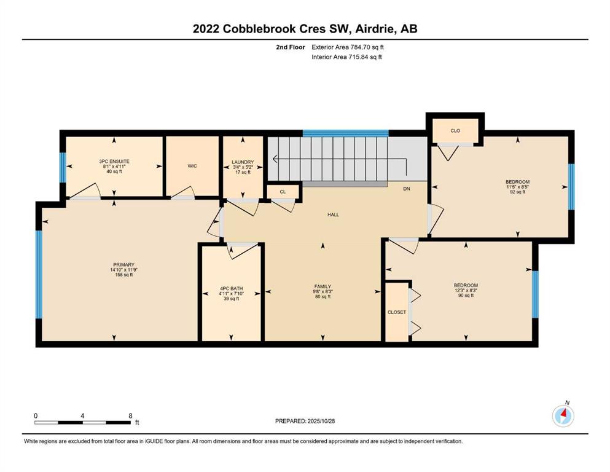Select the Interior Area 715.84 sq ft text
(x=347, y=57)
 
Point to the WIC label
(x=192, y=165)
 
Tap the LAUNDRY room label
(x=243, y=162)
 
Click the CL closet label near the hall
(x=283, y=192)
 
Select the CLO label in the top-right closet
(x=455, y=130)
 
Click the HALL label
(x=333, y=214)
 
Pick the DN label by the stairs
(x=406, y=189)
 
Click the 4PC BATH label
(x=231, y=288)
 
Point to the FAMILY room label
(x=323, y=286)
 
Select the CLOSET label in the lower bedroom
(x=396, y=312)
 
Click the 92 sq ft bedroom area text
(x=517, y=192)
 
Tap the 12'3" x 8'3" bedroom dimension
(x=466, y=290)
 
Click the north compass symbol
(x=563, y=415)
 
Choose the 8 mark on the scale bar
(x=130, y=415)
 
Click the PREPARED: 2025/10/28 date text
(x=305, y=421)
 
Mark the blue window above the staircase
(x=346, y=133)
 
